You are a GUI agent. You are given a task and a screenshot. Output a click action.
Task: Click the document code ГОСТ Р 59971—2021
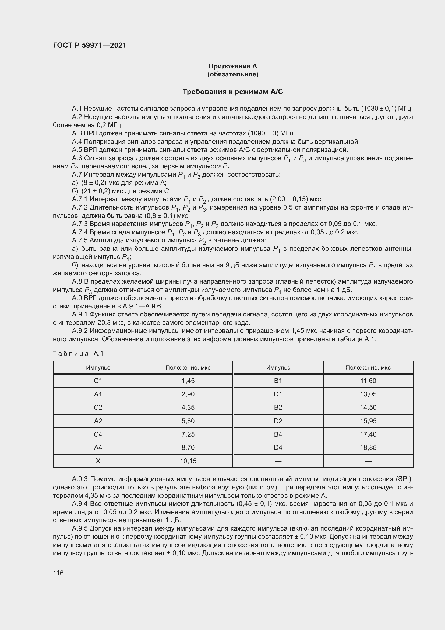pyautogui.click(x=90, y=46)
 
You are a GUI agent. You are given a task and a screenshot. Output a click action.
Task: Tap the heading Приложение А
pyautogui.click(x=233, y=66)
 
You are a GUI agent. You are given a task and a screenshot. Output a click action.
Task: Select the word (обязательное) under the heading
pyautogui.click(x=233, y=74)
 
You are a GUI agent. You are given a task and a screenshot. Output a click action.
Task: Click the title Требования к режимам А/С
pyautogui.click(x=233, y=92)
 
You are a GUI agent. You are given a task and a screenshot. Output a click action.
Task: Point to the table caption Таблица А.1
pyautogui.click(x=78, y=353)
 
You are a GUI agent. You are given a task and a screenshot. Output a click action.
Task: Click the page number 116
pyautogui.click(x=58, y=573)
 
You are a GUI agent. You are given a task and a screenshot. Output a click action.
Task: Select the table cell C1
pyautogui.click(x=98, y=381)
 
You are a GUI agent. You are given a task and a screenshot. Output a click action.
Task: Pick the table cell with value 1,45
pyautogui.click(x=188, y=381)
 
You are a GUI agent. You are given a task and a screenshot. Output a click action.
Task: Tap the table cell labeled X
pyautogui.click(x=98, y=461)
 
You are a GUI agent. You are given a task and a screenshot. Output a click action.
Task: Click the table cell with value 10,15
pyautogui.click(x=188, y=461)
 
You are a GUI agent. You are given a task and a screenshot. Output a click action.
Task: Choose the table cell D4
pyautogui.click(x=278, y=448)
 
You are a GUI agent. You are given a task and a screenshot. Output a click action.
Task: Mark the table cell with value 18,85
pyautogui.click(x=368, y=448)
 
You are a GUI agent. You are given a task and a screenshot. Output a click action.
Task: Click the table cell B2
pyautogui.click(x=278, y=408)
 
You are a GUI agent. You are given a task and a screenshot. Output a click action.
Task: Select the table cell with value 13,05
pyautogui.click(x=368, y=394)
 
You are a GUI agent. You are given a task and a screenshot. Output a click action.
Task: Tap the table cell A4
pyautogui.click(x=98, y=448)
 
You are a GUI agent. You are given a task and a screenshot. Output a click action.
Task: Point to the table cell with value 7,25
pyautogui.click(x=188, y=434)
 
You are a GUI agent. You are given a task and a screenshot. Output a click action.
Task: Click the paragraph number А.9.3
pyautogui.click(x=80, y=479)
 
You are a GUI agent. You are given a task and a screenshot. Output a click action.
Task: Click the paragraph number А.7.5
pyautogui.click(x=80, y=240)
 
